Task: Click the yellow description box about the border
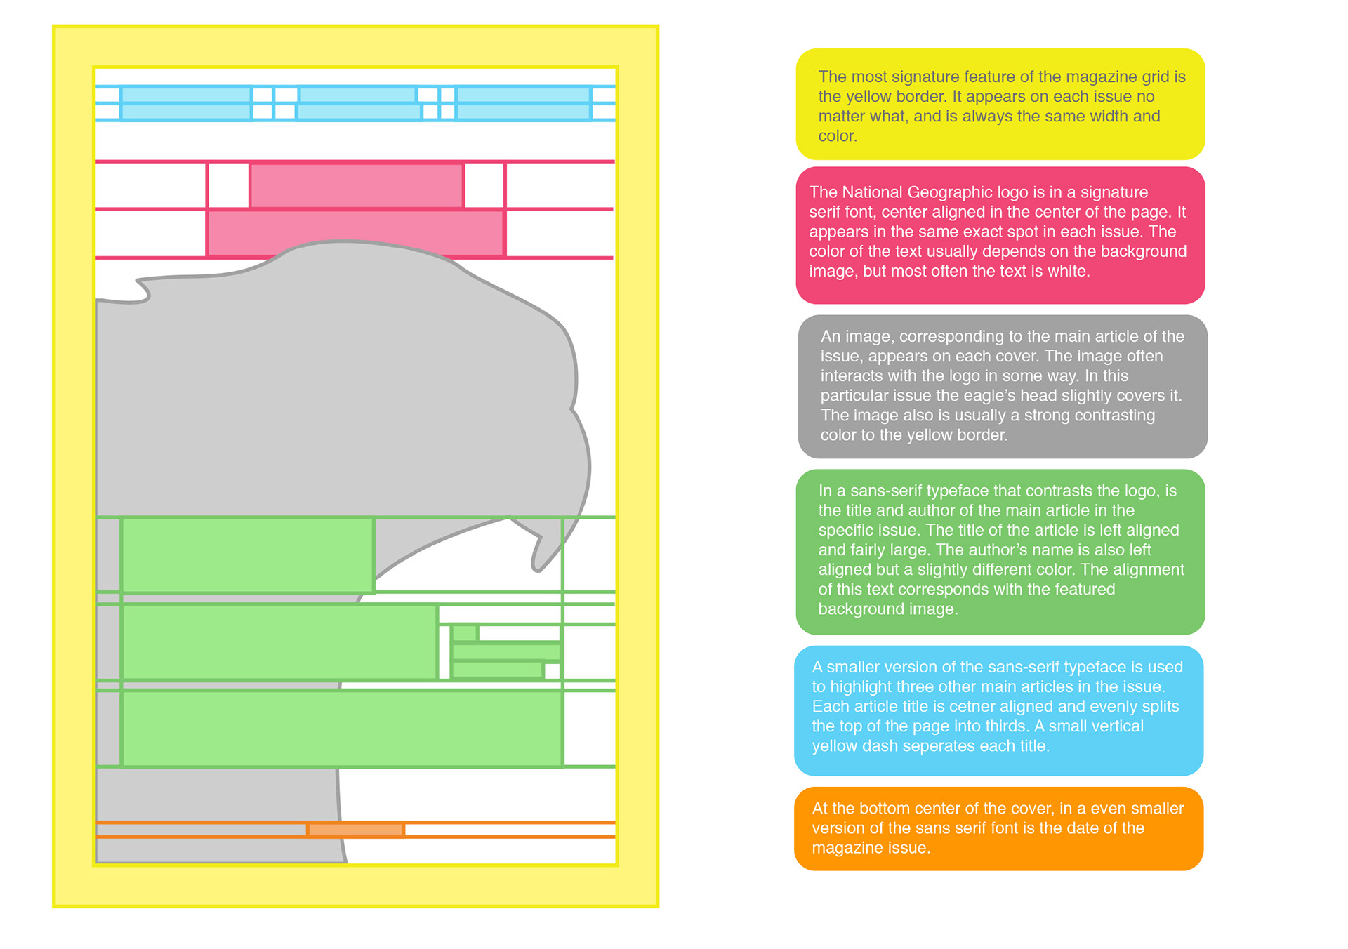(1000, 104)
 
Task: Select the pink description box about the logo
(1000, 235)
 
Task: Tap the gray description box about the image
(1002, 386)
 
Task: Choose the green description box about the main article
(1000, 551)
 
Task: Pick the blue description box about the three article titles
(998, 710)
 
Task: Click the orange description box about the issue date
(998, 828)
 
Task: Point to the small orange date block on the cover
(356, 830)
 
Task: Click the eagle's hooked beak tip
(538, 566)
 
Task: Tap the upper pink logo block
(357, 185)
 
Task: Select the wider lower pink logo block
(355, 233)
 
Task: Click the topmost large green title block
(247, 555)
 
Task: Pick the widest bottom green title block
(342, 729)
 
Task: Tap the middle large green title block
(279, 642)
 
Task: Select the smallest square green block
(464, 633)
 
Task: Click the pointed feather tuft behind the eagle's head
(140, 290)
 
